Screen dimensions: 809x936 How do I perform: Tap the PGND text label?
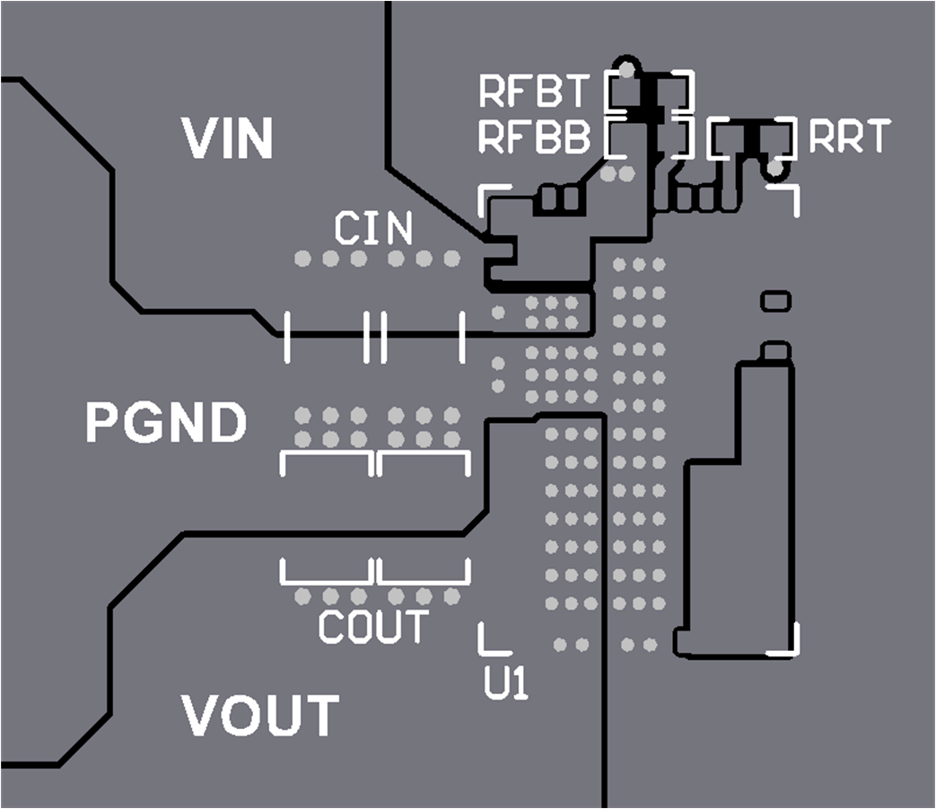click(166, 422)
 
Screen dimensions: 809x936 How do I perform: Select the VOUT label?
click(260, 715)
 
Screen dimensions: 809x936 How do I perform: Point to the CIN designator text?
click(373, 229)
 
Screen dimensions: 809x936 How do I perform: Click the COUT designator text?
click(373, 627)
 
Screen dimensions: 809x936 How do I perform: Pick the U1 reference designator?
click(506, 685)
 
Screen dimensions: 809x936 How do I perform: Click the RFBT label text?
click(534, 91)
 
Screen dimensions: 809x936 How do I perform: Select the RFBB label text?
click(534, 137)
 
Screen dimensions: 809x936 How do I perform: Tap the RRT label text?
click(849, 137)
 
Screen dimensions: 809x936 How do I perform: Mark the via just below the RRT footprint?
click(774, 169)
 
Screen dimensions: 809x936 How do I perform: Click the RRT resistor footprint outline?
click(752, 137)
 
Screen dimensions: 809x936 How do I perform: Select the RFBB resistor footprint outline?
click(650, 137)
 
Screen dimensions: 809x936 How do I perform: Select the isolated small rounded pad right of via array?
click(775, 300)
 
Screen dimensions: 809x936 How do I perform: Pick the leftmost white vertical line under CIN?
click(287, 338)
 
